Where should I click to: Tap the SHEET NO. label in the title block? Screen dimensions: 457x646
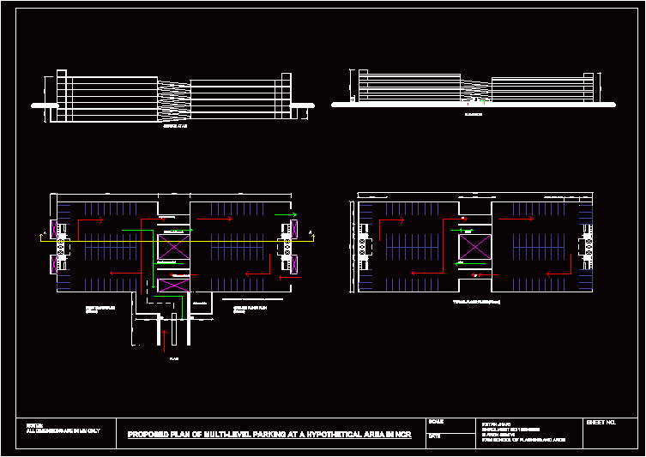[x=601, y=423]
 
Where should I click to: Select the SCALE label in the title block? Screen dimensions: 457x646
[x=436, y=422]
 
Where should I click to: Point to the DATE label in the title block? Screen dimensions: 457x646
[x=434, y=436]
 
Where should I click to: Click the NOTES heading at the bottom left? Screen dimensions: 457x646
[x=34, y=424]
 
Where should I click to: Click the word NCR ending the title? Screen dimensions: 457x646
[x=403, y=435]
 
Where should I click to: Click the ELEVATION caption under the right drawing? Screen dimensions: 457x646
[x=473, y=112]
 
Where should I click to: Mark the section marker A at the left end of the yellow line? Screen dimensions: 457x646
[x=44, y=232]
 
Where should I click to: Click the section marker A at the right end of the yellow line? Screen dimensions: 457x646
[x=308, y=232]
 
